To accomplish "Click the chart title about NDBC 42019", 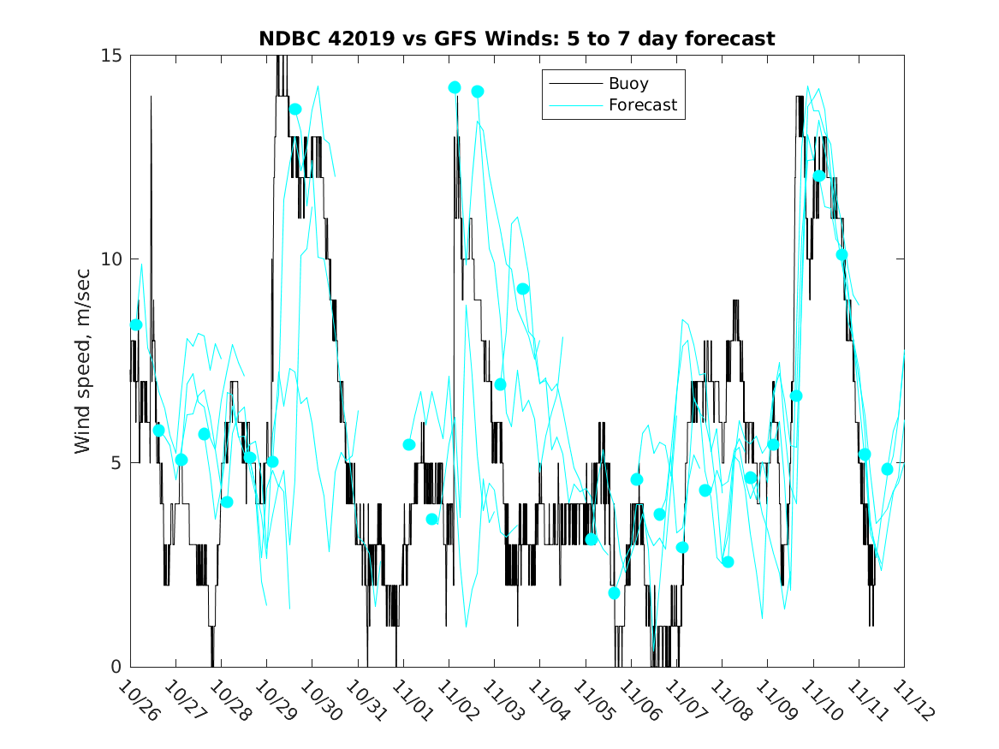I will [x=517, y=39].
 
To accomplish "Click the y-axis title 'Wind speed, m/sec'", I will [x=82, y=360].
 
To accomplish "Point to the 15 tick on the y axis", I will [x=113, y=56].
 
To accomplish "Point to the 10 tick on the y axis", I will [x=113, y=259].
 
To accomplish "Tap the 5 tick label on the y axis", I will [x=117, y=463].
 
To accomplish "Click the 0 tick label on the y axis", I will [x=117, y=667].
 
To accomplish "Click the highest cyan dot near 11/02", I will [x=455, y=87].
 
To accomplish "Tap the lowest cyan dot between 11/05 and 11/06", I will [x=614, y=592].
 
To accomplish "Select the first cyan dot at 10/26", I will [x=135, y=324].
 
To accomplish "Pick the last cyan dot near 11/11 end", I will [x=887, y=469].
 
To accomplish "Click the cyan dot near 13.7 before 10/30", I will [x=295, y=109].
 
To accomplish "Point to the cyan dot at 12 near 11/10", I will [x=818, y=176].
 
